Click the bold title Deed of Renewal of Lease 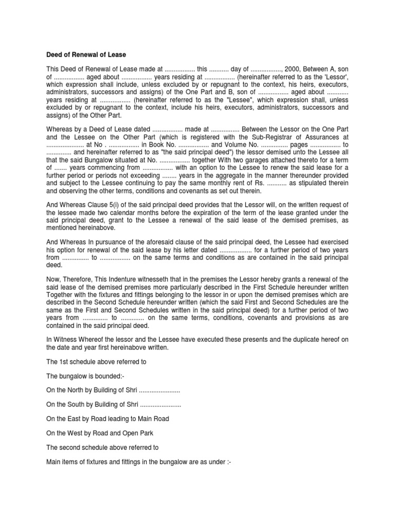(86, 55)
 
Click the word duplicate (296, 340)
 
